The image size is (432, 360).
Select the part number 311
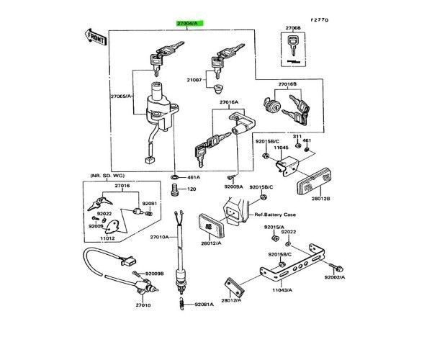pos(297,136)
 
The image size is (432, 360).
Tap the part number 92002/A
pos(335,277)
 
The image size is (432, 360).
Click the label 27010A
pos(159,237)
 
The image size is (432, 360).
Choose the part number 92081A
pos(204,305)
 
